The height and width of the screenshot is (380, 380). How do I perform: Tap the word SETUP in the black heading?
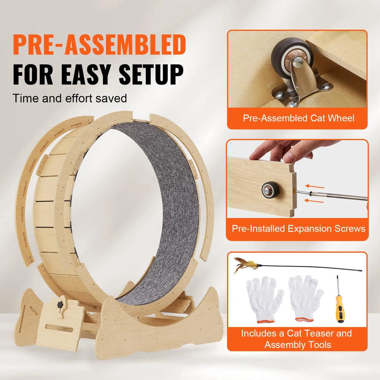(151, 74)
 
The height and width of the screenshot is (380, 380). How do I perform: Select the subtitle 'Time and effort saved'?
(70, 98)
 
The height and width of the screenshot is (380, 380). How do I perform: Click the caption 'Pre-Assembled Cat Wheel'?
(298, 118)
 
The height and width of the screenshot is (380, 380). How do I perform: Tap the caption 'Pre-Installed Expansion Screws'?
(298, 229)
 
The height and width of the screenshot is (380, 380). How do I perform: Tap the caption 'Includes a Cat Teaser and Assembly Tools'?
(297, 339)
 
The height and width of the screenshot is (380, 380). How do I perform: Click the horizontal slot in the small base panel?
(59, 328)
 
